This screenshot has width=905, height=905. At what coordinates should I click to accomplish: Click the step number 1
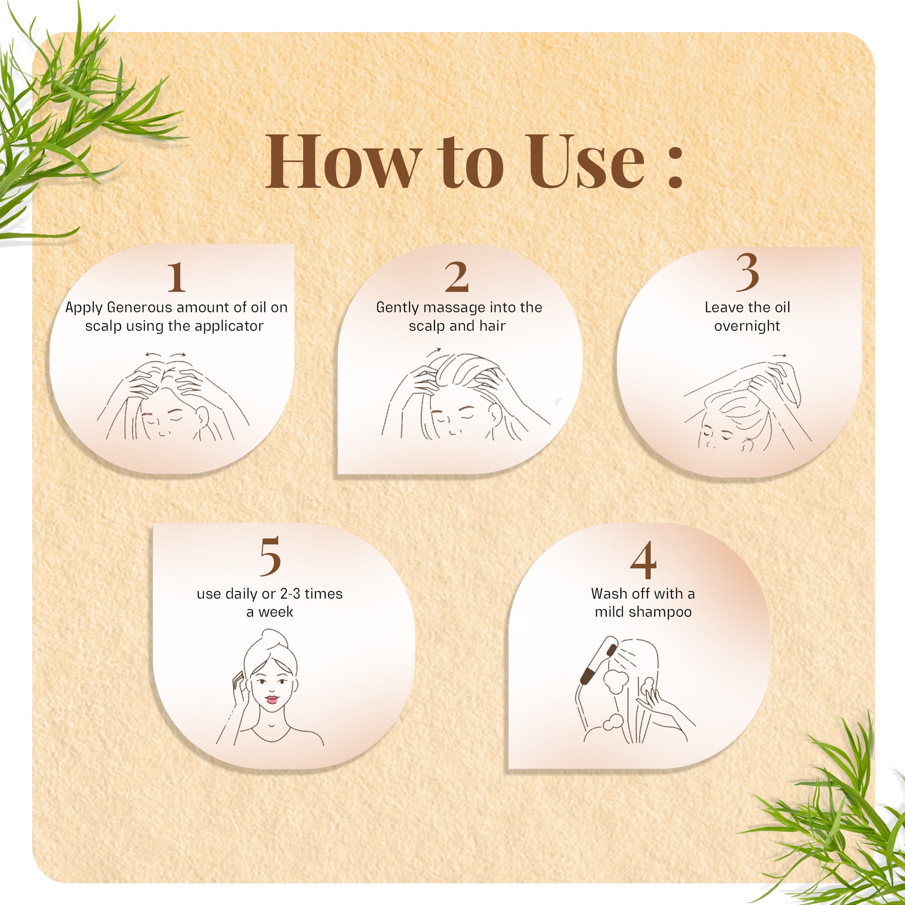[x=176, y=277]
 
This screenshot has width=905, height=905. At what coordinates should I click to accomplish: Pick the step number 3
[x=747, y=271]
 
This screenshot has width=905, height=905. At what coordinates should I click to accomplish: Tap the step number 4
[x=643, y=560]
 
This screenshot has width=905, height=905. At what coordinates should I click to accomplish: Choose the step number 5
[x=270, y=556]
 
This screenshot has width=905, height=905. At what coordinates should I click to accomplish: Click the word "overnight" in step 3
[x=747, y=326]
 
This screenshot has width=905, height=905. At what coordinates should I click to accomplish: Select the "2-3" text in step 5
[x=290, y=594]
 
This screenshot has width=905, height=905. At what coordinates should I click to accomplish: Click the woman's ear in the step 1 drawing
[x=202, y=415]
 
